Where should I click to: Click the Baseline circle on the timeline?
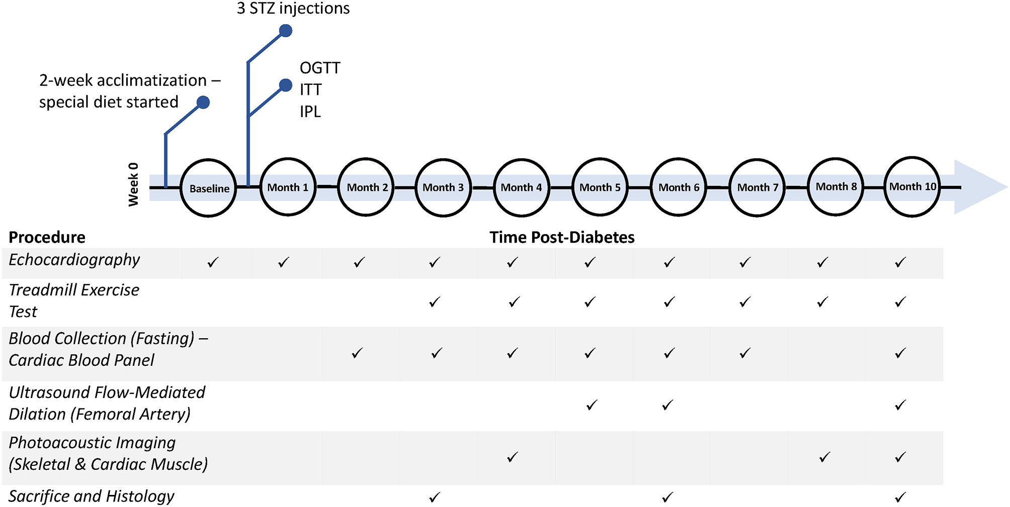pyautogui.click(x=208, y=188)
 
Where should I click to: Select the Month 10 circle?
pyautogui.click(x=912, y=186)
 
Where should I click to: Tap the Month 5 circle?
pyautogui.click(x=600, y=187)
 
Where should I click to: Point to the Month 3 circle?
pyautogui.click(x=443, y=187)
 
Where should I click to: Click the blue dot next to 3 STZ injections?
pyautogui.click(x=286, y=31)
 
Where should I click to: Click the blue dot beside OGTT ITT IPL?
pyautogui.click(x=286, y=85)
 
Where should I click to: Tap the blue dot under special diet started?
pyautogui.click(x=203, y=103)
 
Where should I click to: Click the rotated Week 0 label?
pyautogui.click(x=133, y=184)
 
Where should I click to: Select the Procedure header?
pyautogui.click(x=47, y=237)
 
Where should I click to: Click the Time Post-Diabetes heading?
pyautogui.click(x=562, y=237)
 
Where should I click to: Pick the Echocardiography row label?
pyautogui.click(x=74, y=260)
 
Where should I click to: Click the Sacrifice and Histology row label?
pyautogui.click(x=91, y=496)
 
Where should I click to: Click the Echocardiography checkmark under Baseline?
pyautogui.click(x=213, y=262)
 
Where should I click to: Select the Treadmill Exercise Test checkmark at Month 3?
pyautogui.click(x=435, y=302)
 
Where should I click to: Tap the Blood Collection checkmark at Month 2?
pyautogui.click(x=357, y=353)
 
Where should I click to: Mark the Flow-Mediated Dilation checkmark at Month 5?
pyautogui.click(x=592, y=405)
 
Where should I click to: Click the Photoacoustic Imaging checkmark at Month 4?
pyautogui.click(x=513, y=457)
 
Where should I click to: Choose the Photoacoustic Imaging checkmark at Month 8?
pyautogui.click(x=824, y=457)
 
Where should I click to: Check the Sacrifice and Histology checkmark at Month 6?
pyautogui.click(x=667, y=497)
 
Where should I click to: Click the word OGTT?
pyautogui.click(x=320, y=68)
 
